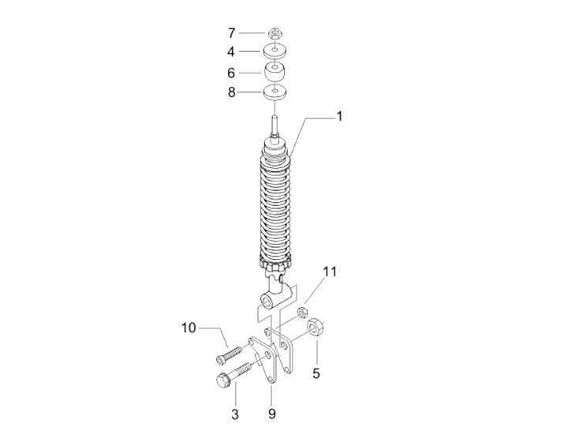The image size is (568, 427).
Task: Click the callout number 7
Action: [231, 33]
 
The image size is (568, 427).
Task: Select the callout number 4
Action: [231, 52]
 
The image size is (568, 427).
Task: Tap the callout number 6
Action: [231, 73]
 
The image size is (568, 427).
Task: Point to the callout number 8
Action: [231, 92]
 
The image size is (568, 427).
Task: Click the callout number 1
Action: [339, 116]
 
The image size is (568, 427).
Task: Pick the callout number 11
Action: [330, 272]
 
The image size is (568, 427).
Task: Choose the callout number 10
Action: [189, 328]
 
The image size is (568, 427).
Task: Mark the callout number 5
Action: [316, 373]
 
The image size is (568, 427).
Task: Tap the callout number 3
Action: [235, 414]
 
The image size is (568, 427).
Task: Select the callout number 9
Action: [271, 414]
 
